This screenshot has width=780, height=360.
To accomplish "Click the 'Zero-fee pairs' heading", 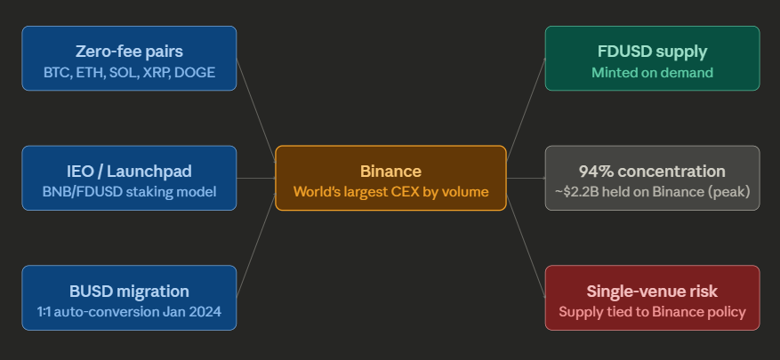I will click(129, 51).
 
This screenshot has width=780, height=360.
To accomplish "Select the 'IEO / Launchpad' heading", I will click(129, 171).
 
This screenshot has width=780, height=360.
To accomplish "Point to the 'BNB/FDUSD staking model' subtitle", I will click(129, 191).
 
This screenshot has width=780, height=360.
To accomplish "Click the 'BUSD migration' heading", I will click(129, 291).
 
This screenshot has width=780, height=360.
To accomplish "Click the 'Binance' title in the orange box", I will click(390, 171).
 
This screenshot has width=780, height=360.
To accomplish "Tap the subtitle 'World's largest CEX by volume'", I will click(390, 191).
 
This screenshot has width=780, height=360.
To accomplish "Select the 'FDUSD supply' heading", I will click(652, 51).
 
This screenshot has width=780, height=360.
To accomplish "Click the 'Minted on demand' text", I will click(652, 72).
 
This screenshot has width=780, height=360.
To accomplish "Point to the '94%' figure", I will click(597, 171).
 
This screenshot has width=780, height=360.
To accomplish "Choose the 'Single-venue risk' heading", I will click(652, 291).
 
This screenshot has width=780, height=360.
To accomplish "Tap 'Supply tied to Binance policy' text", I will click(652, 311).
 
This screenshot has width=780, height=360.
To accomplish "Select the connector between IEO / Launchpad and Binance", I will click(256, 178).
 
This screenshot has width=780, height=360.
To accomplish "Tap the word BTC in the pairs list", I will click(57, 72).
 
